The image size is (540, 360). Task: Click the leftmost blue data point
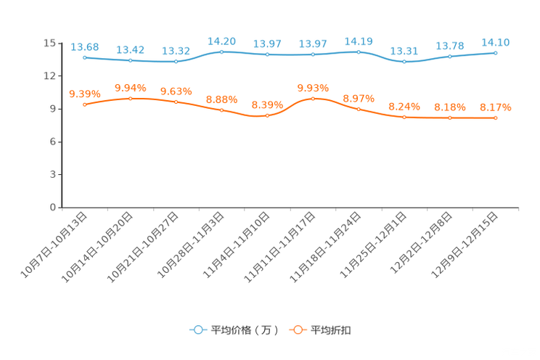click(x=85, y=57)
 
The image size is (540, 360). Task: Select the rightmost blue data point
click(x=496, y=53)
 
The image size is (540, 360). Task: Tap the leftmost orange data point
click(x=85, y=105)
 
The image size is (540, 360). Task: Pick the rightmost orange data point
click(x=496, y=118)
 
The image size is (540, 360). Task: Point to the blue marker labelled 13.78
click(x=450, y=57)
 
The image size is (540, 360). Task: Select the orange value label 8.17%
click(x=496, y=107)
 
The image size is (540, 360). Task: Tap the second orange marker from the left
click(x=131, y=98)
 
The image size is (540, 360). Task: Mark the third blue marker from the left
click(x=176, y=62)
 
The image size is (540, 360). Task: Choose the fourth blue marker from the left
click(x=222, y=52)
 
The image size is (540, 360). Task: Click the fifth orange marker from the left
click(x=267, y=115)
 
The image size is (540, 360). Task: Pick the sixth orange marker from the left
click(x=313, y=98)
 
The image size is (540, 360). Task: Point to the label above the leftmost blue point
click(x=85, y=46)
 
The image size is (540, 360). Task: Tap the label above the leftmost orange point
click(x=85, y=94)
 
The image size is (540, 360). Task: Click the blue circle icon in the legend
click(x=197, y=330)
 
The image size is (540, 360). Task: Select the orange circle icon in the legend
click(x=297, y=330)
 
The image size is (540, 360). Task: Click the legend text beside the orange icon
click(x=330, y=330)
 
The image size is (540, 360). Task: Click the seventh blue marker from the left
click(x=359, y=52)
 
